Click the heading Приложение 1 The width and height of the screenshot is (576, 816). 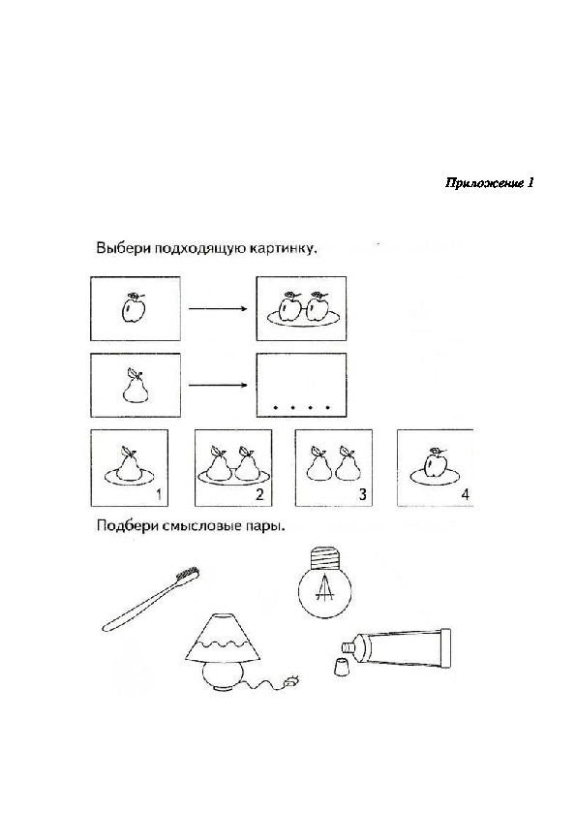(489, 183)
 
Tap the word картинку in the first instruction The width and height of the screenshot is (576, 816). (283, 248)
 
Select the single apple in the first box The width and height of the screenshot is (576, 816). (133, 308)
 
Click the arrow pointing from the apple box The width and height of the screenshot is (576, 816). (218, 308)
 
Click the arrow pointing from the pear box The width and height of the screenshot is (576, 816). (218, 385)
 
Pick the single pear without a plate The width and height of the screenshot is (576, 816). (135, 386)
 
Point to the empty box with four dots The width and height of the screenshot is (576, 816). (301, 385)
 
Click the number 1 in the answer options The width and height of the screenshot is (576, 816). (159, 494)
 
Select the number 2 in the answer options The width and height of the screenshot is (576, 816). (260, 494)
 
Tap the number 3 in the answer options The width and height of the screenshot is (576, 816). (362, 494)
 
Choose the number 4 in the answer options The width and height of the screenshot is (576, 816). (466, 494)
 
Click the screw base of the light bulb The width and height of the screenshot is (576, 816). (322, 557)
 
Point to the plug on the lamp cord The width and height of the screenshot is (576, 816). (291, 680)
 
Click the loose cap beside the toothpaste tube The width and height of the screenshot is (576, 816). (341, 667)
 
